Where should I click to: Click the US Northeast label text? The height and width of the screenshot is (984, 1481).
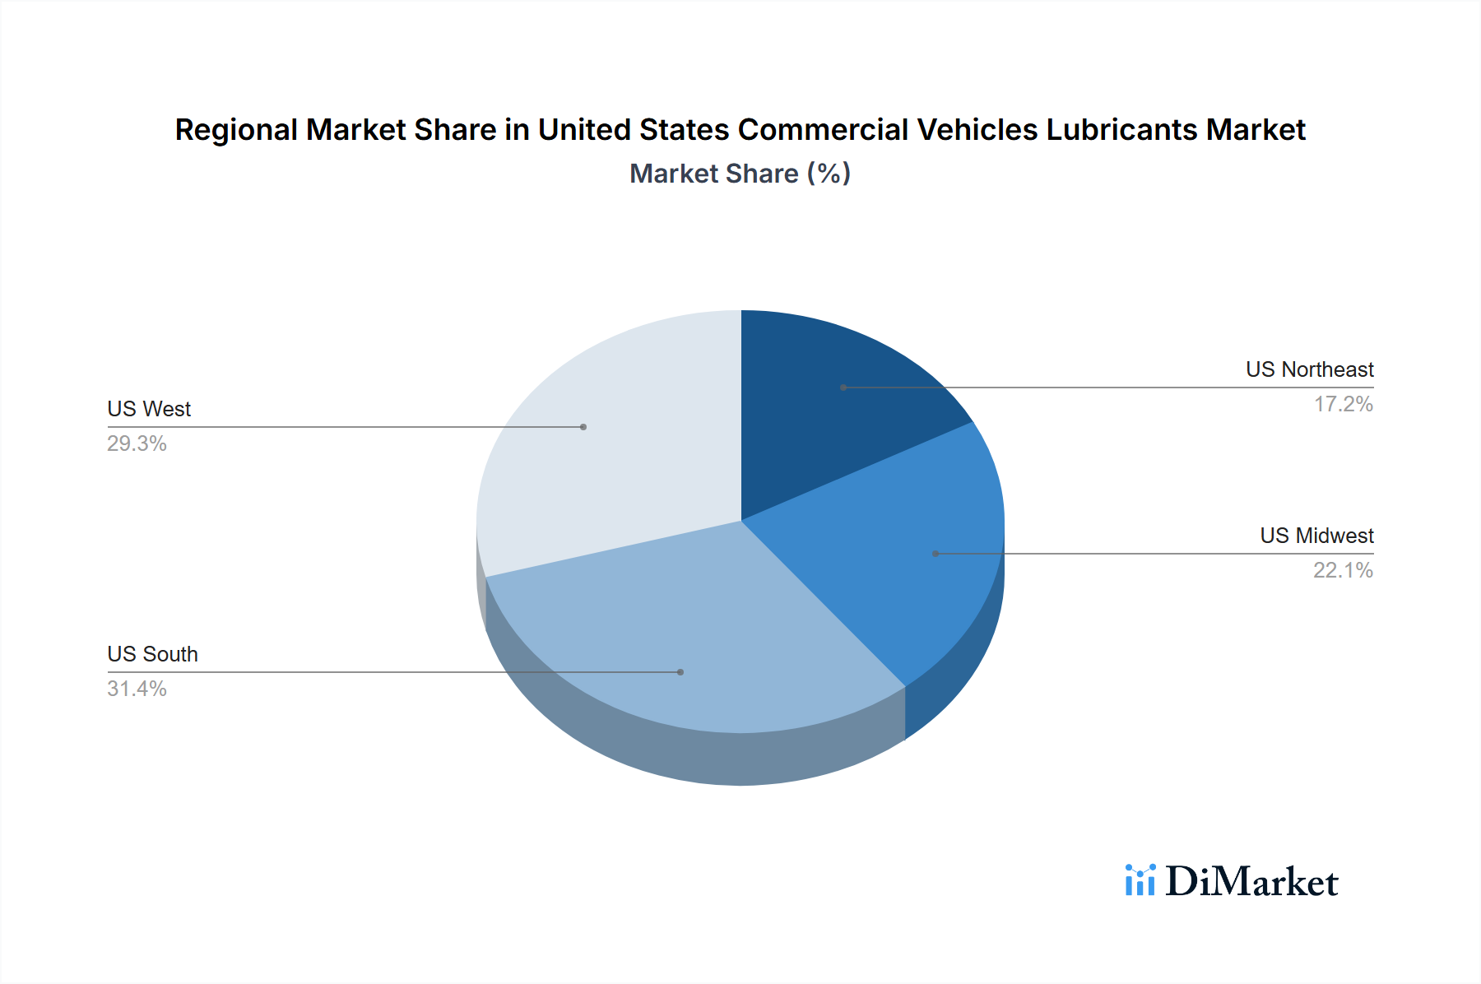[x=1309, y=369]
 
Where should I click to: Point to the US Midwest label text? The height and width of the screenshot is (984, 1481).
[x=1316, y=536]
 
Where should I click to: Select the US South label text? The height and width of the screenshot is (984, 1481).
[x=152, y=654]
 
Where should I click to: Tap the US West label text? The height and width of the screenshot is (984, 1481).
[x=149, y=409]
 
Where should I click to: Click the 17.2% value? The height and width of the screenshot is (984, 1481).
[x=1343, y=404]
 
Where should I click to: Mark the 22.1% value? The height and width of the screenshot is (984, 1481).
[x=1343, y=570]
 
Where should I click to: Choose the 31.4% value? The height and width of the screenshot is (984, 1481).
[x=137, y=689]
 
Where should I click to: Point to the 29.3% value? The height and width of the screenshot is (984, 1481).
[x=137, y=443]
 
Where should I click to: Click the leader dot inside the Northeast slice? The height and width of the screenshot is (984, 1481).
[x=843, y=388]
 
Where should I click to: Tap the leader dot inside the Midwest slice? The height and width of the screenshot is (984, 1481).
[x=935, y=554]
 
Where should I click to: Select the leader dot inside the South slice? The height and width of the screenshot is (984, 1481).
[x=680, y=672]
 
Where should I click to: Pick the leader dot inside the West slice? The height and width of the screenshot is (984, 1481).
[x=583, y=427]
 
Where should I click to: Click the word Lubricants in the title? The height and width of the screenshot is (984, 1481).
[x=1121, y=130]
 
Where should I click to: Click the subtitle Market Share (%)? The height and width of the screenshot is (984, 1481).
[x=740, y=174]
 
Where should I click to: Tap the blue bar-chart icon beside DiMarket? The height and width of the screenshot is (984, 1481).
[x=1140, y=880]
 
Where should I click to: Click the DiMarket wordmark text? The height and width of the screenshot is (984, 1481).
[x=1251, y=882]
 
